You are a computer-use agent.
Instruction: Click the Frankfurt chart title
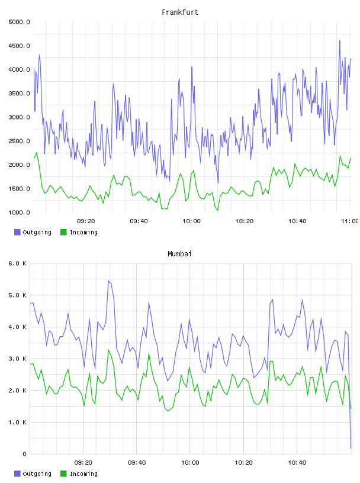(x=180, y=12)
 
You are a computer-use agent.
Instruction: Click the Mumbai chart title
(x=179, y=254)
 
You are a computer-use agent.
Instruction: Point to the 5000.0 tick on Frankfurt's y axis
(x=19, y=22)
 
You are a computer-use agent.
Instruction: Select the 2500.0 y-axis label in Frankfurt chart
(x=19, y=141)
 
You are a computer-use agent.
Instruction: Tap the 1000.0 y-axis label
(x=19, y=212)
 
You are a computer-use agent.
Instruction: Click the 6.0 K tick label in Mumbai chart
(x=17, y=263)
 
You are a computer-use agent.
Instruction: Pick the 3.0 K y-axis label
(x=17, y=359)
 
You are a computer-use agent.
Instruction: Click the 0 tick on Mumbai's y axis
(x=24, y=454)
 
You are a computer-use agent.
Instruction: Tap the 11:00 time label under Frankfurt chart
(x=349, y=221)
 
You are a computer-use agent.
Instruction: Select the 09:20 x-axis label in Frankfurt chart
(x=86, y=221)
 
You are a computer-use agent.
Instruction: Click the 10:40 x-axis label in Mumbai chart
(x=297, y=462)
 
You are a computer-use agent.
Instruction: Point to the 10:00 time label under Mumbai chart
(x=190, y=462)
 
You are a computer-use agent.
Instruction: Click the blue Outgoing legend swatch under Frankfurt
(x=17, y=232)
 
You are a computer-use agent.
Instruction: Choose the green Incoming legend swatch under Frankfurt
(x=63, y=232)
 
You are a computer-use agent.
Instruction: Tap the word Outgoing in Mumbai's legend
(x=37, y=474)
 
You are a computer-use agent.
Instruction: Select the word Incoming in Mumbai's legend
(x=83, y=474)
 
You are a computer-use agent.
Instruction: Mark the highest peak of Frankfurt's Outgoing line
(x=340, y=41)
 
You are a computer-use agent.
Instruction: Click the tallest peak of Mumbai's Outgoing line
(x=108, y=281)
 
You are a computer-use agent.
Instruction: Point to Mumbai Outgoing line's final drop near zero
(x=351, y=448)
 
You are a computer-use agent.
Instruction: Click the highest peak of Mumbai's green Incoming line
(x=108, y=350)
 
